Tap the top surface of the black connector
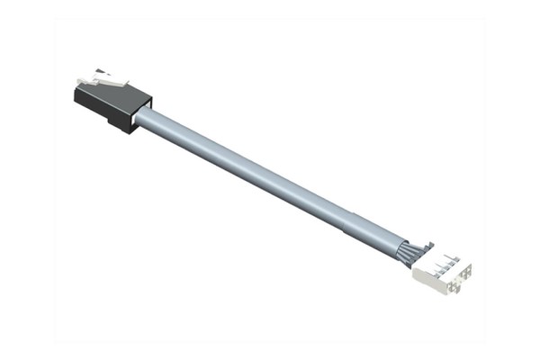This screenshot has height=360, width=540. click(x=112, y=94)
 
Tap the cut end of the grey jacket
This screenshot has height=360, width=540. click(x=399, y=247)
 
